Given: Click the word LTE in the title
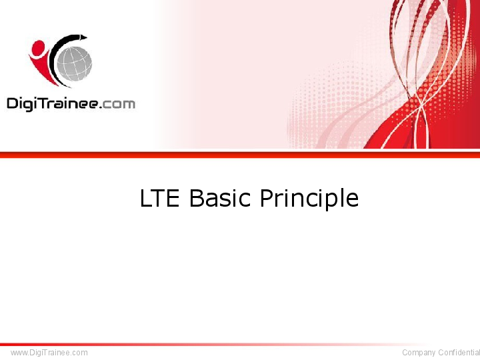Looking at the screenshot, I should (159, 199).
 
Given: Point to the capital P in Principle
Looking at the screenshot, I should (266, 199).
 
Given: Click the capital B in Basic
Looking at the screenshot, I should (196, 199).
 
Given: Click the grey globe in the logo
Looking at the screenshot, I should (74, 63).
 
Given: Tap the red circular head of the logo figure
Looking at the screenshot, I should (39, 49).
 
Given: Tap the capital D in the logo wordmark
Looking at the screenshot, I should (13, 103).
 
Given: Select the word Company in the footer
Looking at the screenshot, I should (419, 352).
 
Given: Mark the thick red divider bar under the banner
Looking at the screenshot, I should (240, 155).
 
